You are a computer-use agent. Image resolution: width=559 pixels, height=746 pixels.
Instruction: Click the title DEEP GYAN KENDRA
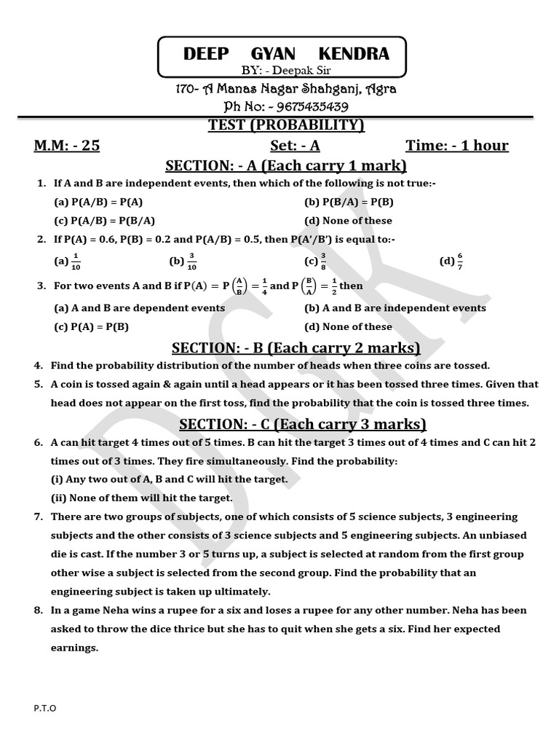[286, 54]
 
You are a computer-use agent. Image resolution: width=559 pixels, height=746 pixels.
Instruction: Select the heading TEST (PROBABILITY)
[286, 125]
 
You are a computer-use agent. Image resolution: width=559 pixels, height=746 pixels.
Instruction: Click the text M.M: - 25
[67, 145]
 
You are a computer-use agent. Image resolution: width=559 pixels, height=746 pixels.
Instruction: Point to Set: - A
[295, 145]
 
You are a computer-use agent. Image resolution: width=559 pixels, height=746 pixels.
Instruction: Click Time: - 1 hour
[457, 145]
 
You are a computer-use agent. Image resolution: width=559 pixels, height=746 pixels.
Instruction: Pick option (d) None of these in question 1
[348, 220]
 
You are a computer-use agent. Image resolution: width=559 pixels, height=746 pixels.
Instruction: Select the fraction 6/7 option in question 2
[451, 261]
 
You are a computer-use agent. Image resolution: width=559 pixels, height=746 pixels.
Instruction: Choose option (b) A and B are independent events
[395, 307]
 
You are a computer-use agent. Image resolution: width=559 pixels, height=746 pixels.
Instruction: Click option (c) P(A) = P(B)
[92, 326]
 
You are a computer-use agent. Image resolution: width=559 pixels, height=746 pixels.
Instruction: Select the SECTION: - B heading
[296, 347]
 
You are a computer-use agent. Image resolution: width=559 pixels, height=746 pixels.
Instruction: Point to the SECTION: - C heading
[302, 424]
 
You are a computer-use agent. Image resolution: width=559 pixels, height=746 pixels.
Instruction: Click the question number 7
[39, 516]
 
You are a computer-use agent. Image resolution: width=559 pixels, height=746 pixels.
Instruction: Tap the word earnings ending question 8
[74, 648]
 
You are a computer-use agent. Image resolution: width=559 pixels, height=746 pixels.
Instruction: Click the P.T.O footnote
[44, 707]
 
